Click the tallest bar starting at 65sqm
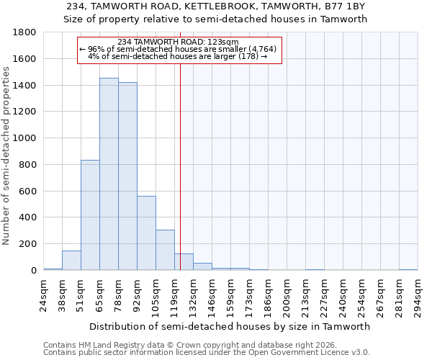point(109,174)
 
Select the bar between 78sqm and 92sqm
point(127,176)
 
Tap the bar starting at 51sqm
point(90,215)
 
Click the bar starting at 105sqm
point(165,250)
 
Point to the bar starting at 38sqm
point(71,261)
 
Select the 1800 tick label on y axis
point(25,32)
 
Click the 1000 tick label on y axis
point(25,138)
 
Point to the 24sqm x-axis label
point(43,295)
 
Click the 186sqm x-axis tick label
point(268,295)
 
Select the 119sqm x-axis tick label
point(174,295)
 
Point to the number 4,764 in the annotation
point(262,49)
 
